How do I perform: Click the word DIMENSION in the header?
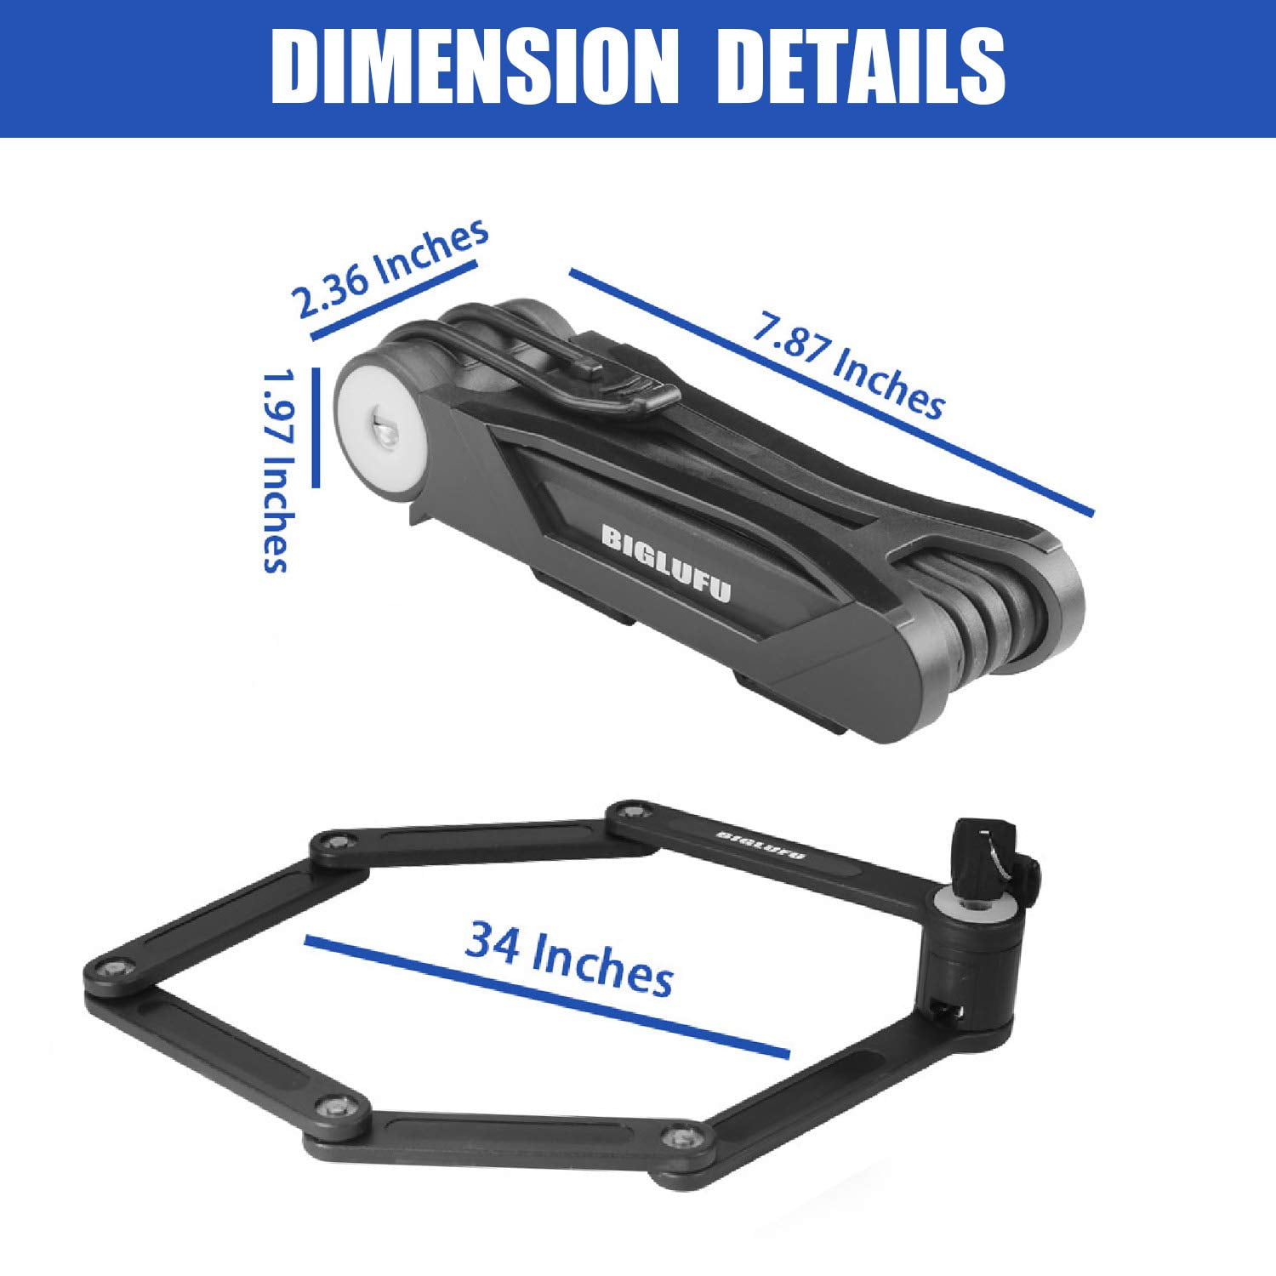pos(475,67)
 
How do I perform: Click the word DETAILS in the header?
pos(862,67)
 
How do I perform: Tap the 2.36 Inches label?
pos(390,267)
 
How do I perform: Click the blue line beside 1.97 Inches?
pos(316,427)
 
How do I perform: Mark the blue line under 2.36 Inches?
pos(394,300)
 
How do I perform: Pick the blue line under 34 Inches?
pos(547,997)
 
